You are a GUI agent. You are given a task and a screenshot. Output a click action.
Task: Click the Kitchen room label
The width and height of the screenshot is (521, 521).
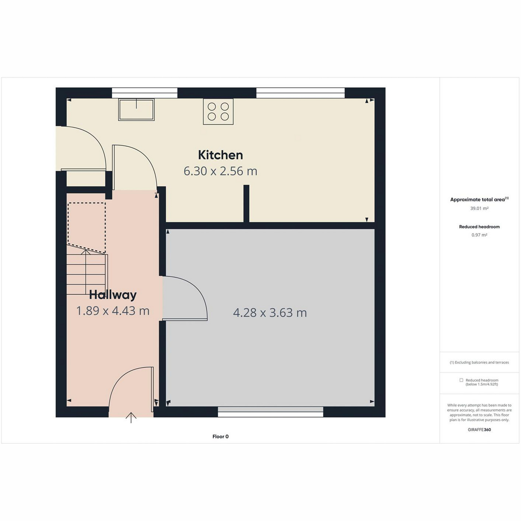[221, 155]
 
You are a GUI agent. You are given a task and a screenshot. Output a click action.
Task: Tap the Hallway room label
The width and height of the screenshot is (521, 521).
[113, 295]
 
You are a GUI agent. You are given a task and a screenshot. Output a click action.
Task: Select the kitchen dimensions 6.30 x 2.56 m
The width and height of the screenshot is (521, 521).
[221, 171]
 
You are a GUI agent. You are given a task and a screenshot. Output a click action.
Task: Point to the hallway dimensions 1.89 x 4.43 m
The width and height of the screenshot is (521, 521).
[113, 311]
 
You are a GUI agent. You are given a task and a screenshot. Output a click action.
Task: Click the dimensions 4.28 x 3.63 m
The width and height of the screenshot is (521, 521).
[270, 313]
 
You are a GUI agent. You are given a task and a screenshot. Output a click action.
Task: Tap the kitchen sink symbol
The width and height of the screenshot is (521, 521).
[136, 109]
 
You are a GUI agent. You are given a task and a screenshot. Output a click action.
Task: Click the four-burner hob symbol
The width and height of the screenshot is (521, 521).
[218, 112]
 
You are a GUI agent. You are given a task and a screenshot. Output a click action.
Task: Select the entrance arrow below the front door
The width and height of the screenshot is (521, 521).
[131, 418]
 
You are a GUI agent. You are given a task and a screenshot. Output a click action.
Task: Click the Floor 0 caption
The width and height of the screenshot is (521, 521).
[221, 436]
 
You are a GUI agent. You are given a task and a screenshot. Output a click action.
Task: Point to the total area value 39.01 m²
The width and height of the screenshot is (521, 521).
[479, 208]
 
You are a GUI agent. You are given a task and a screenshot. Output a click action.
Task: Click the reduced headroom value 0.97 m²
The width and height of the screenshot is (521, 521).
[479, 235]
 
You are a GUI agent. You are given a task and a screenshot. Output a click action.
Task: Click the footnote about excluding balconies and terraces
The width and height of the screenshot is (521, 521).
[479, 362]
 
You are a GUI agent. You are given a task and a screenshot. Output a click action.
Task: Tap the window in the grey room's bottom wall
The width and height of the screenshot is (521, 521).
[270, 412]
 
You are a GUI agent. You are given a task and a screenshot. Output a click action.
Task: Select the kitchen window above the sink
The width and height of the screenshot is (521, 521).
[145, 93]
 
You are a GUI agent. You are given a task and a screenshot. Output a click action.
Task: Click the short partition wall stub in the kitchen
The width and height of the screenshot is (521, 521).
[246, 204]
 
